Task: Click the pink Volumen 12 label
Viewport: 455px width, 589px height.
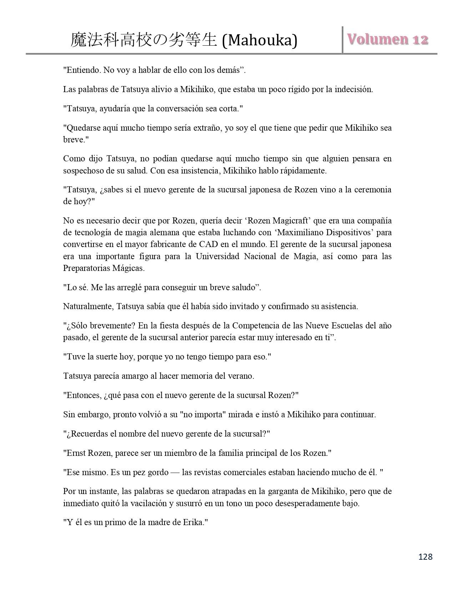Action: [x=388, y=39]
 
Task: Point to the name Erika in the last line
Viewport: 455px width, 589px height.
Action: [x=192, y=522]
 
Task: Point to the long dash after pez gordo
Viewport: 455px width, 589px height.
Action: [x=175, y=472]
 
